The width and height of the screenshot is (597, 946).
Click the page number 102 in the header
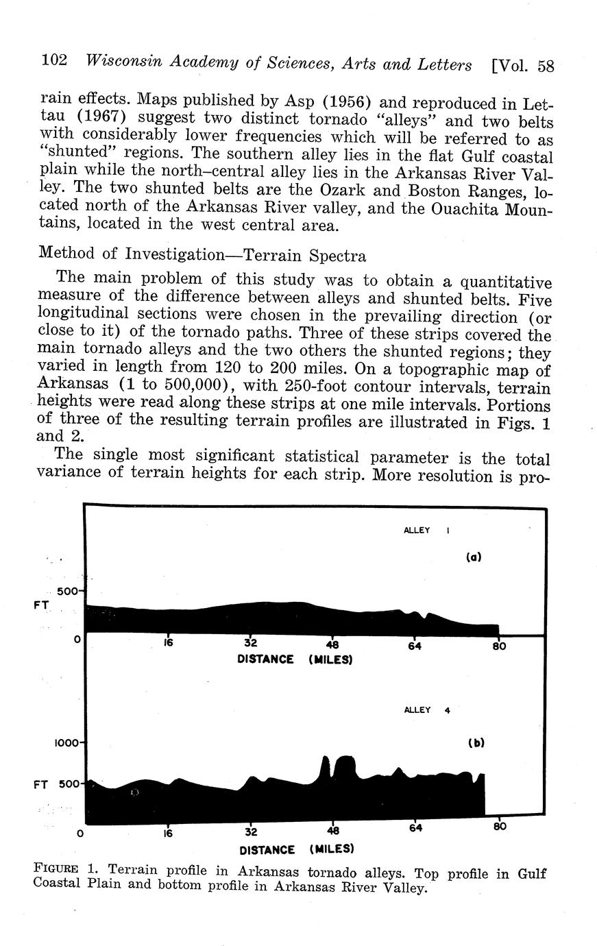point(54,60)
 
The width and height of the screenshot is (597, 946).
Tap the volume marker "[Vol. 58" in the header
point(523,65)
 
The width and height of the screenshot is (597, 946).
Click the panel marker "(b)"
point(476,742)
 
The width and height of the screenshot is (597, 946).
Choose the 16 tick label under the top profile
point(168,644)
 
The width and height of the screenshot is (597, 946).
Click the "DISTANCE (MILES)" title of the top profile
point(295,659)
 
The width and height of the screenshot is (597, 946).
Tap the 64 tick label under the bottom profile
point(414,827)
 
